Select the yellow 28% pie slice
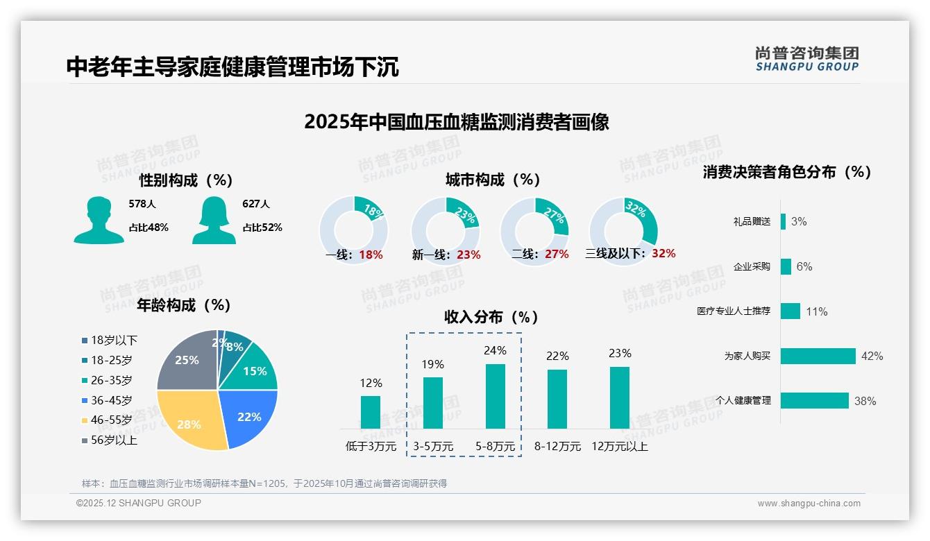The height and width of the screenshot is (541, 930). tap(191, 420)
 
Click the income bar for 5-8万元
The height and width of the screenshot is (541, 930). tap(495, 396)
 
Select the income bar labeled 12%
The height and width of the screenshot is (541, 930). tap(371, 412)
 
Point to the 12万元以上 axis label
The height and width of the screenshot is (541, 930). tap(619, 447)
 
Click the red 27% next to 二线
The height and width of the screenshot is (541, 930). tap(557, 255)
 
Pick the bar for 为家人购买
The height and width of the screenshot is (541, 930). tap(818, 356)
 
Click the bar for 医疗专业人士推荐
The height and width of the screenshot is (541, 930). tap(790, 311)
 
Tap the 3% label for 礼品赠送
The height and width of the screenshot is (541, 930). tap(798, 221)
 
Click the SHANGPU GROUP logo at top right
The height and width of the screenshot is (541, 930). tap(806, 59)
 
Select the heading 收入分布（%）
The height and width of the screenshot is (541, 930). tap(491, 317)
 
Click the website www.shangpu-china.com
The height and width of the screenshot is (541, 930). tap(809, 504)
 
